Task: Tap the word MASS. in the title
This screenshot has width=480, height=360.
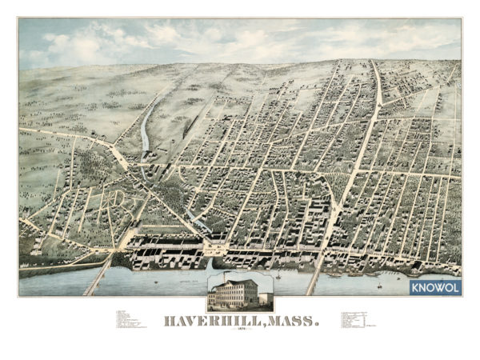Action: pyautogui.click(x=290, y=322)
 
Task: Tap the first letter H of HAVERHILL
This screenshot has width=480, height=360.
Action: pyautogui.click(x=170, y=322)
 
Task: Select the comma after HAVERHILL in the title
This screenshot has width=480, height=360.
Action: pyautogui.click(x=257, y=326)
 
